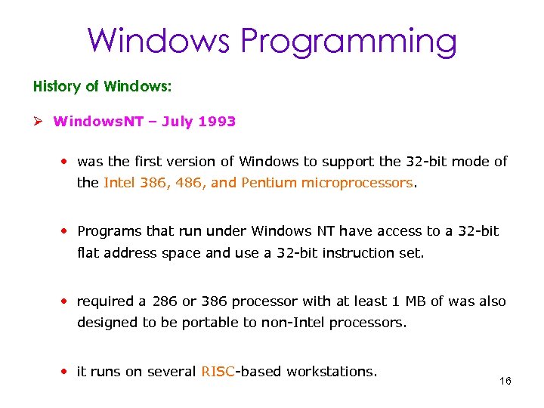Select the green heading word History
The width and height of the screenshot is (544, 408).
click(57, 86)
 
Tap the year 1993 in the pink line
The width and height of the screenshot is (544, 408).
click(219, 121)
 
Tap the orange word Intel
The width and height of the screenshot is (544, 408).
click(119, 183)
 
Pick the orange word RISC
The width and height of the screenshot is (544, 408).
click(218, 371)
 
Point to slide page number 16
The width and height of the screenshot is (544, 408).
click(505, 381)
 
